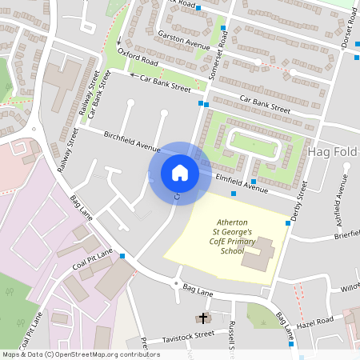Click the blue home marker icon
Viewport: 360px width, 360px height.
coord(180,172)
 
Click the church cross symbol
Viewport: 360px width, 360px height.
coord(202,318)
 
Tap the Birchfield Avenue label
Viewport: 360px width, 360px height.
coord(132,142)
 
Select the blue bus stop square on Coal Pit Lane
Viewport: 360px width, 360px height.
coord(122,256)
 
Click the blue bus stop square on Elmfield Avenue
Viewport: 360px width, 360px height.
coord(233,194)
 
